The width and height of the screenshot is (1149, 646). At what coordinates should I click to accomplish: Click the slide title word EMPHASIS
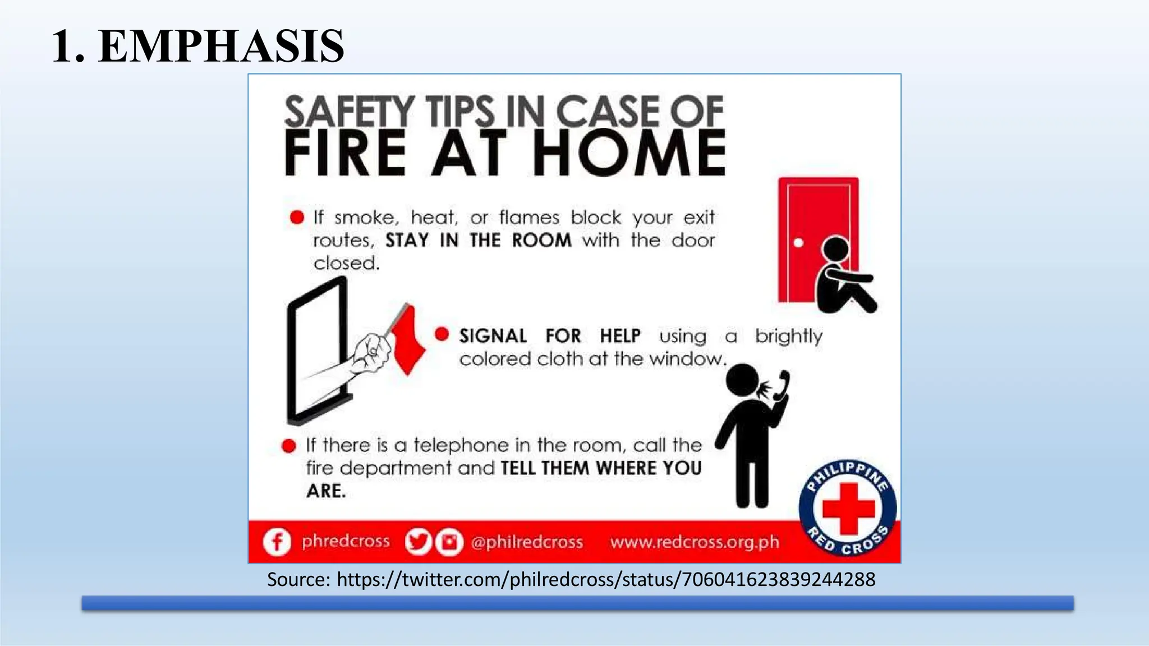click(221, 46)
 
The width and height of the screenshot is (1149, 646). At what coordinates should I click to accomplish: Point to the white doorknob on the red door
click(798, 243)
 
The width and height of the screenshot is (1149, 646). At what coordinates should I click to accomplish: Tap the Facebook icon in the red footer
click(277, 542)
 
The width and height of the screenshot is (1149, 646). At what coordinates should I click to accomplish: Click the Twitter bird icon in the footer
click(417, 542)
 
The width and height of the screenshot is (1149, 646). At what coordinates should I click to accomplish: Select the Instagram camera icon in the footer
click(449, 542)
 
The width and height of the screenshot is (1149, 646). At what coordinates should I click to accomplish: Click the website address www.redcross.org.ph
click(695, 542)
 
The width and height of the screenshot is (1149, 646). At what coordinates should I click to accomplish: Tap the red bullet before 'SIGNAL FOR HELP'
click(442, 334)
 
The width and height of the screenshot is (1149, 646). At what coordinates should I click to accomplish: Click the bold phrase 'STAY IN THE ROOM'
click(478, 241)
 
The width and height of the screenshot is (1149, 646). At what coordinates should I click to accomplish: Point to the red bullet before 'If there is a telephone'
click(289, 446)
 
